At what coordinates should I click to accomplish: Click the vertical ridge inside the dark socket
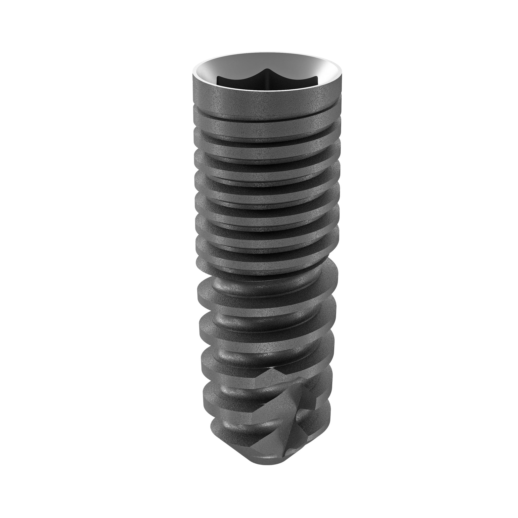click(266, 81)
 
